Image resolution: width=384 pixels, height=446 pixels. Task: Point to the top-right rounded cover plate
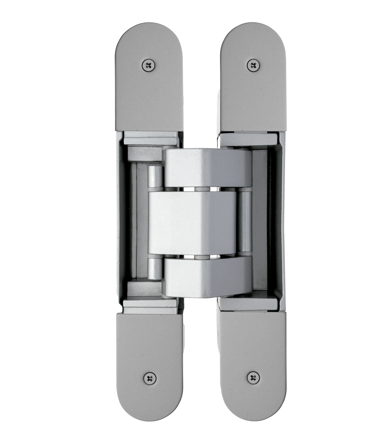253,90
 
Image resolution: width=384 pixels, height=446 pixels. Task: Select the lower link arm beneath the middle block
207,276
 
